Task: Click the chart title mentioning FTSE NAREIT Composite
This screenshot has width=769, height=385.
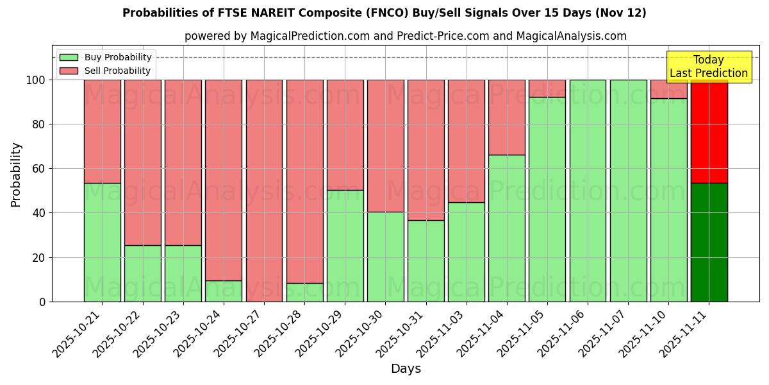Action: [x=384, y=13]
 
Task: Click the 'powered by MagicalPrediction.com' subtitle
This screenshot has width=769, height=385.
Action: [x=405, y=36]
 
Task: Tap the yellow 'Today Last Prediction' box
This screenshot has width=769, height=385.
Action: [x=708, y=67]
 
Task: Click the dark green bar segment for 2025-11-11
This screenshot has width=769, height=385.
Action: [x=709, y=242]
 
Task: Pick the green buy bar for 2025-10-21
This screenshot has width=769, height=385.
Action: [x=103, y=242]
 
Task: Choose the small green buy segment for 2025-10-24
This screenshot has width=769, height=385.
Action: [x=224, y=291]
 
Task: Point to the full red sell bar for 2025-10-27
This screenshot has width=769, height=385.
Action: [x=264, y=191]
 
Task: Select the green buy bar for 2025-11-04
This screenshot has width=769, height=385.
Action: [x=506, y=228]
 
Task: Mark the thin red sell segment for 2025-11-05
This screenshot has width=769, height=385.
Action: [x=547, y=89]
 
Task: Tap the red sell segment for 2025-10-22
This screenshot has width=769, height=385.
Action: [x=143, y=162]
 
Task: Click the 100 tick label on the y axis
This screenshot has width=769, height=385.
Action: [x=37, y=80]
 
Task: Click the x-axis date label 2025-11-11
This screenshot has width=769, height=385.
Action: [x=685, y=334]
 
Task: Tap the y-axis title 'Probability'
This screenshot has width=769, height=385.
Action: [x=16, y=175]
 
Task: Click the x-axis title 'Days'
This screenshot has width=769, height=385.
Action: [x=406, y=369]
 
